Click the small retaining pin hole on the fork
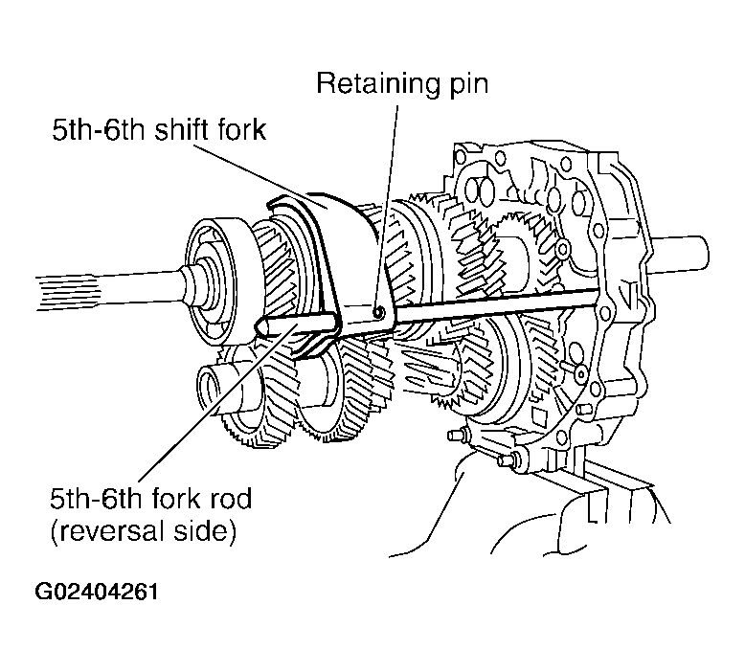coord(380,312)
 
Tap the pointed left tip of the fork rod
coord(260,327)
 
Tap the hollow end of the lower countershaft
coord(213,389)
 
